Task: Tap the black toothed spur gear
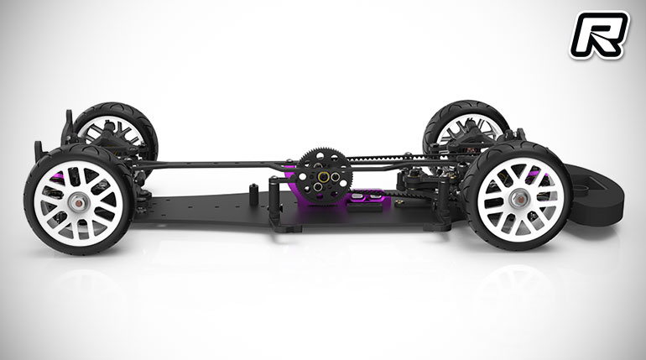point(325,176)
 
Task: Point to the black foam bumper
point(593,194)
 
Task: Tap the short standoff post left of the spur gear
point(253,193)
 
